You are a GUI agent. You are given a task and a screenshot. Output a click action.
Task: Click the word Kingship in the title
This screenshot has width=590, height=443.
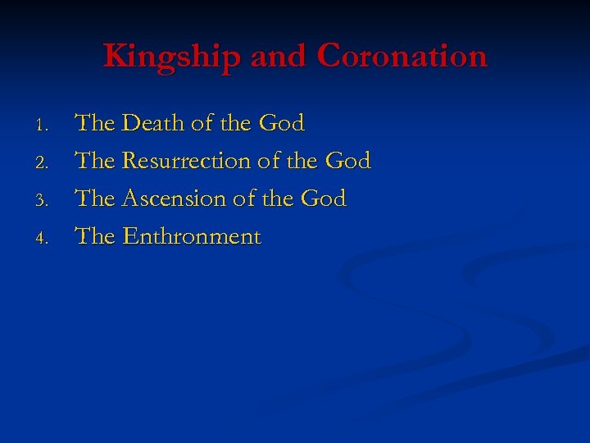point(172,57)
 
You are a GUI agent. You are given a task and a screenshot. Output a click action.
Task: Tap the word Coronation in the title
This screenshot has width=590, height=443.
point(402,56)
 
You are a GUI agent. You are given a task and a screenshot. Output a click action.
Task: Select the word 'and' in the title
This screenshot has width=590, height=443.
point(279,56)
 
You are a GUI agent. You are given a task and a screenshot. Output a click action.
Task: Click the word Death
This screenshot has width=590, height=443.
point(152,124)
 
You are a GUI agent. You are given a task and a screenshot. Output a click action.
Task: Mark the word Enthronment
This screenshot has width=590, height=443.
point(191,237)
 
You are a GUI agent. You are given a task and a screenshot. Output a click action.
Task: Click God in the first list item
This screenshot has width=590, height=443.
point(281,124)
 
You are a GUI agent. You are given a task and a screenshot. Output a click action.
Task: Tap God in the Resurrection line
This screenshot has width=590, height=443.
point(348,162)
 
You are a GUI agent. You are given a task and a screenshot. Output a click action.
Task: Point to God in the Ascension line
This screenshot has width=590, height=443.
point(324,199)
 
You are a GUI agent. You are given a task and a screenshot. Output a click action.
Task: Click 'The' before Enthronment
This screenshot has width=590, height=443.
point(94,237)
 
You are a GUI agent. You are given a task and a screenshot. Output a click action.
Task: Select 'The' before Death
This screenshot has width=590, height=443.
point(94,124)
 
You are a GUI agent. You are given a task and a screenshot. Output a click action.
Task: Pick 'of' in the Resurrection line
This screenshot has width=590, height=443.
point(268,162)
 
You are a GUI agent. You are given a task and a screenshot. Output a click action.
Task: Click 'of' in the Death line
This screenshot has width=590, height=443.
point(201,124)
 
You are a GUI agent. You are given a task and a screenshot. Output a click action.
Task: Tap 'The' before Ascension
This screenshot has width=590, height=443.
point(94,199)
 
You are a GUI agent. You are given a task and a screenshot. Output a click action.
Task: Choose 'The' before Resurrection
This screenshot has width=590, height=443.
point(94,162)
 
